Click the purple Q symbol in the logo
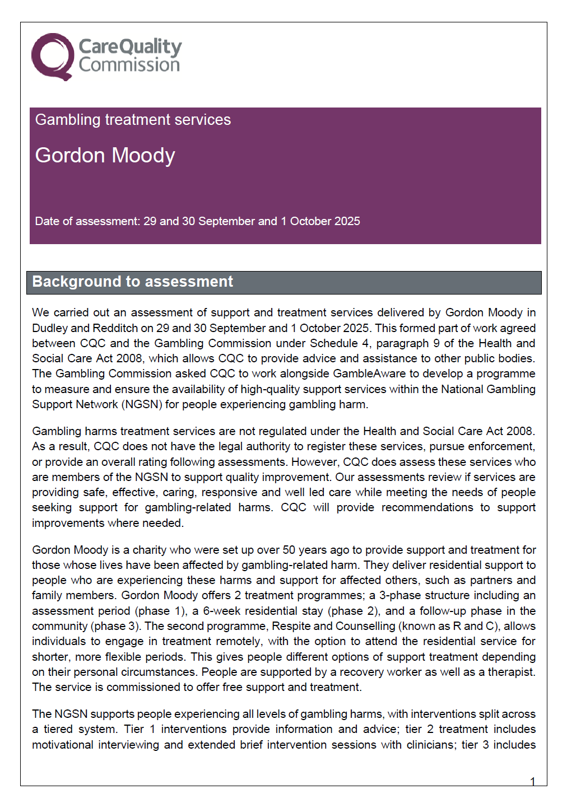click(52, 57)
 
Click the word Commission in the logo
click(129, 65)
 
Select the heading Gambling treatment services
click(133, 120)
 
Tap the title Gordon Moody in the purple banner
click(105, 155)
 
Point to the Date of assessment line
click(197, 221)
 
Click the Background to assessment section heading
click(132, 282)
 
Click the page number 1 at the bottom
click(532, 782)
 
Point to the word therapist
click(511, 672)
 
